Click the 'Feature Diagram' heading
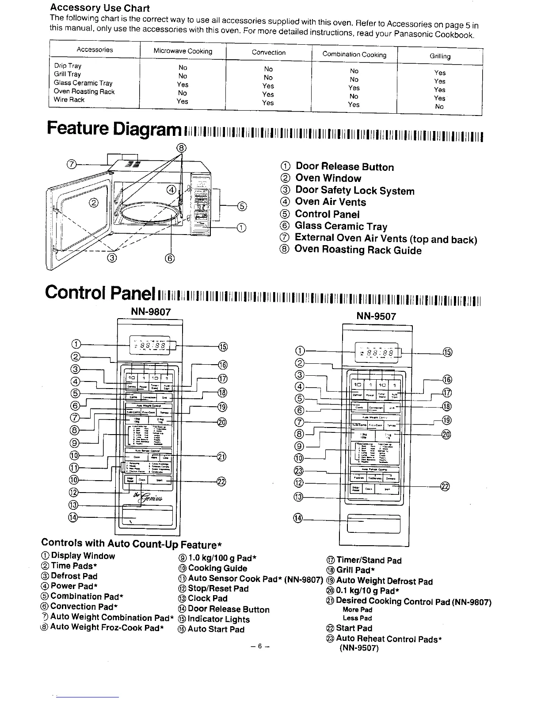pyautogui.click(x=114, y=129)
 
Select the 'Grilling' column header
pyautogui.click(x=440, y=56)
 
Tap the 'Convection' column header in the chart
pyautogui.click(x=269, y=52)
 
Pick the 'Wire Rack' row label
pyautogui.click(x=69, y=100)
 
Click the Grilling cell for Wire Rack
pyautogui.click(x=439, y=107)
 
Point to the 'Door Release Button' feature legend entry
pyautogui.click(x=344, y=167)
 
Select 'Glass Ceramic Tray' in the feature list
pyautogui.click(x=341, y=226)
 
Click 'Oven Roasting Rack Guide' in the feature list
pyautogui.click(x=358, y=250)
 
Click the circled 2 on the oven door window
pyautogui.click(x=94, y=203)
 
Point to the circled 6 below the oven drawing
pyautogui.click(x=171, y=258)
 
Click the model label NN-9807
pyautogui.click(x=151, y=312)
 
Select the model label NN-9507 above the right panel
pyautogui.click(x=376, y=316)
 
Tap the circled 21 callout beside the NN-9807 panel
pyautogui.click(x=221, y=457)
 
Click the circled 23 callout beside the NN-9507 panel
pyautogui.click(x=299, y=470)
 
